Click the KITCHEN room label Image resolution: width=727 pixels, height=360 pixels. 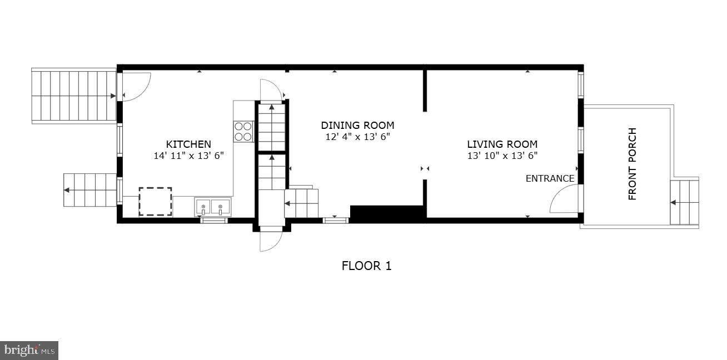coord(188,144)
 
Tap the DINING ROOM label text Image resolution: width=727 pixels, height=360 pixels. coord(357,125)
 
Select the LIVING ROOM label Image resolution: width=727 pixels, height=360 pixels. coord(502,144)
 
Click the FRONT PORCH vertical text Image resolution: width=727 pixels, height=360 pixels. coord(632,164)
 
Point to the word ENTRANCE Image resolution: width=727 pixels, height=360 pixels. coord(550,178)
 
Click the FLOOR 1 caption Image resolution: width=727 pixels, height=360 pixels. coord(366,266)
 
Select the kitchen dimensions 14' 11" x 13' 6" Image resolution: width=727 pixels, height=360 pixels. coord(188,156)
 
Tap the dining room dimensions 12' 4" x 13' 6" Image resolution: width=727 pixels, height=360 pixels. coord(357,137)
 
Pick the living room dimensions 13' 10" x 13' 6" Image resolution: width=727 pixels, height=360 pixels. coord(502,156)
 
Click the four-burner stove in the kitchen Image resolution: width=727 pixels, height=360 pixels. coord(243,131)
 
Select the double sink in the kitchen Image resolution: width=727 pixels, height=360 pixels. coord(212,208)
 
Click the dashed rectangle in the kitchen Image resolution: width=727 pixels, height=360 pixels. coord(155,201)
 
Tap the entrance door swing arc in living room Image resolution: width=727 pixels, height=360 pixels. coord(563,199)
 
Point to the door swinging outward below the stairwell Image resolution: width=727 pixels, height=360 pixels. coord(271,240)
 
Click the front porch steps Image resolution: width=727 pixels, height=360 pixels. coord(684,202)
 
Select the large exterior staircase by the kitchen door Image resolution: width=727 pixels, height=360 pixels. coord(73,96)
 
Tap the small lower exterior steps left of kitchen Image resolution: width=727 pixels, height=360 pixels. coord(90,190)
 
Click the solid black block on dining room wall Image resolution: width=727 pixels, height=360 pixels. coord(387,214)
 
